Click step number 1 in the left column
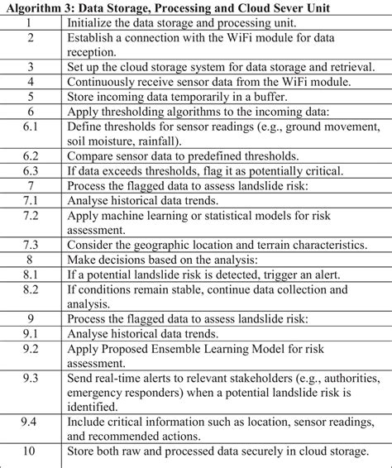(31, 22)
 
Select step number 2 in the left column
(31, 37)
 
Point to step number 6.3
(31, 170)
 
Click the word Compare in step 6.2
(93, 155)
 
